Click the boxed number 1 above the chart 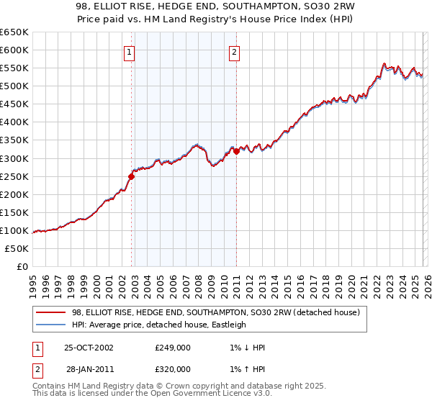point(129,51)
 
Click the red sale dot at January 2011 point(236,150)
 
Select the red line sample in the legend point(50,312)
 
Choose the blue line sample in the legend point(50,325)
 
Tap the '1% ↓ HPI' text point(246,348)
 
